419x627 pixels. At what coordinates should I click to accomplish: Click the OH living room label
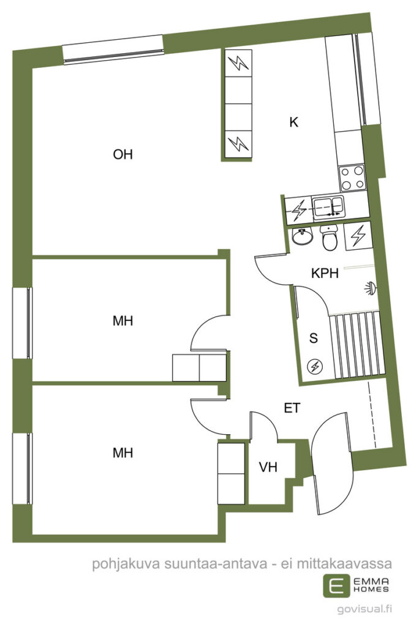(123, 154)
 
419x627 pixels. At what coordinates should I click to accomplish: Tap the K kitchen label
(294, 122)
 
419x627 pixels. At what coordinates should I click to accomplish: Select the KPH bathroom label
(325, 273)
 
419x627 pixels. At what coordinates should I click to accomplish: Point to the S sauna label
(314, 338)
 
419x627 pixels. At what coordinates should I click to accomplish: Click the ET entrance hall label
(292, 408)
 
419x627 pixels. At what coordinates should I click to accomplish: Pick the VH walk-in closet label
(268, 467)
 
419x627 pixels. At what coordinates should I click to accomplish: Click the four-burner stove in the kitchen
(352, 178)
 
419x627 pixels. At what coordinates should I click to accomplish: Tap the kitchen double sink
(328, 207)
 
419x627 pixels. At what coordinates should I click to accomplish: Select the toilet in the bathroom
(330, 238)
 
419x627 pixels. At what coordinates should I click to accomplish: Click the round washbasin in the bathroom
(302, 237)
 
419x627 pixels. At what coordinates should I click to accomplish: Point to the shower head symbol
(371, 288)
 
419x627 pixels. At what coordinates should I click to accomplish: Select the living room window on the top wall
(113, 50)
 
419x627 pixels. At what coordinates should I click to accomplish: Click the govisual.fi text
(364, 609)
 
